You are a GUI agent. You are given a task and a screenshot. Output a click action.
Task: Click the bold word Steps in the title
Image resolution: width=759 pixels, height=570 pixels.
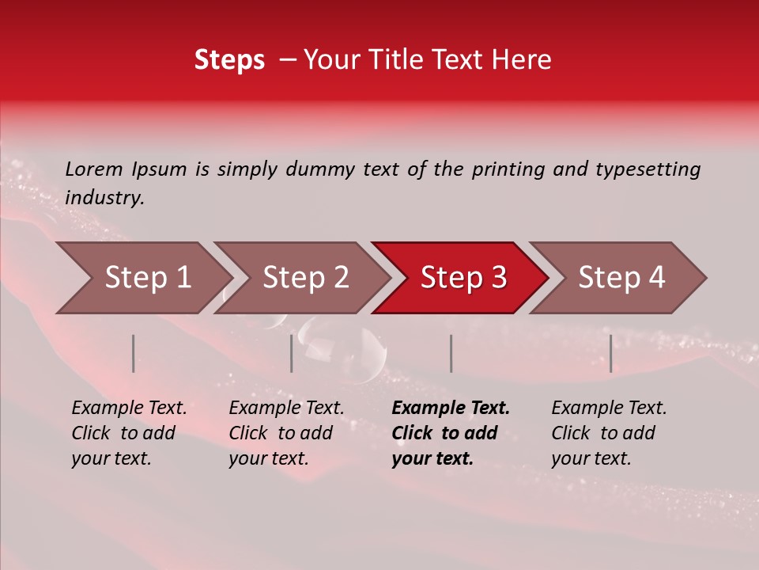(229, 60)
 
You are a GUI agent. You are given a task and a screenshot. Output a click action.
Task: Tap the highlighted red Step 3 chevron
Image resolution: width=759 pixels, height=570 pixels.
(463, 278)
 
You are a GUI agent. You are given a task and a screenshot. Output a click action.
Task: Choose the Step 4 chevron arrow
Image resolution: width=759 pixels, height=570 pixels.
(621, 278)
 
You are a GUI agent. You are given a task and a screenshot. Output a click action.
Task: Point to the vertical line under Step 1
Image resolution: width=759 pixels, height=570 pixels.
(134, 353)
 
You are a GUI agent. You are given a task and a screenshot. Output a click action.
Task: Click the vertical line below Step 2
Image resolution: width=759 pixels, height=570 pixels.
(292, 353)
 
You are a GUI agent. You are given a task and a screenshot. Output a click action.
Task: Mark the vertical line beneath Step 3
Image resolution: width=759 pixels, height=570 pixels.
(451, 353)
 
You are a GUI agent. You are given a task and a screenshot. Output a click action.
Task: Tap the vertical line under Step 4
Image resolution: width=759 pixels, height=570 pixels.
(610, 353)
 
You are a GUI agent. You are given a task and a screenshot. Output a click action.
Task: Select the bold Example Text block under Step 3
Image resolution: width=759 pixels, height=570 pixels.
(451, 433)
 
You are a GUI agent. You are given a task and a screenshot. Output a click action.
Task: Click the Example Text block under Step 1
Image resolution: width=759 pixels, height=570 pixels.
(129, 433)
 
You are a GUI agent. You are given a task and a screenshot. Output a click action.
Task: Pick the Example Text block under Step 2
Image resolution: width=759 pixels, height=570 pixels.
(286, 433)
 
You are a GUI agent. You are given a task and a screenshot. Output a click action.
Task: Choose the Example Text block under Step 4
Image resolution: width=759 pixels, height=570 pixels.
(609, 433)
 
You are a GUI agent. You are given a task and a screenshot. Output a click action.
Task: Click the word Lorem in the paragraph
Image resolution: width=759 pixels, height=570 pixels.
(94, 169)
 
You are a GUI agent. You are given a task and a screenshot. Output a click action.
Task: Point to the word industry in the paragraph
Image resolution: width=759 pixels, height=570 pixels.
(104, 198)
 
